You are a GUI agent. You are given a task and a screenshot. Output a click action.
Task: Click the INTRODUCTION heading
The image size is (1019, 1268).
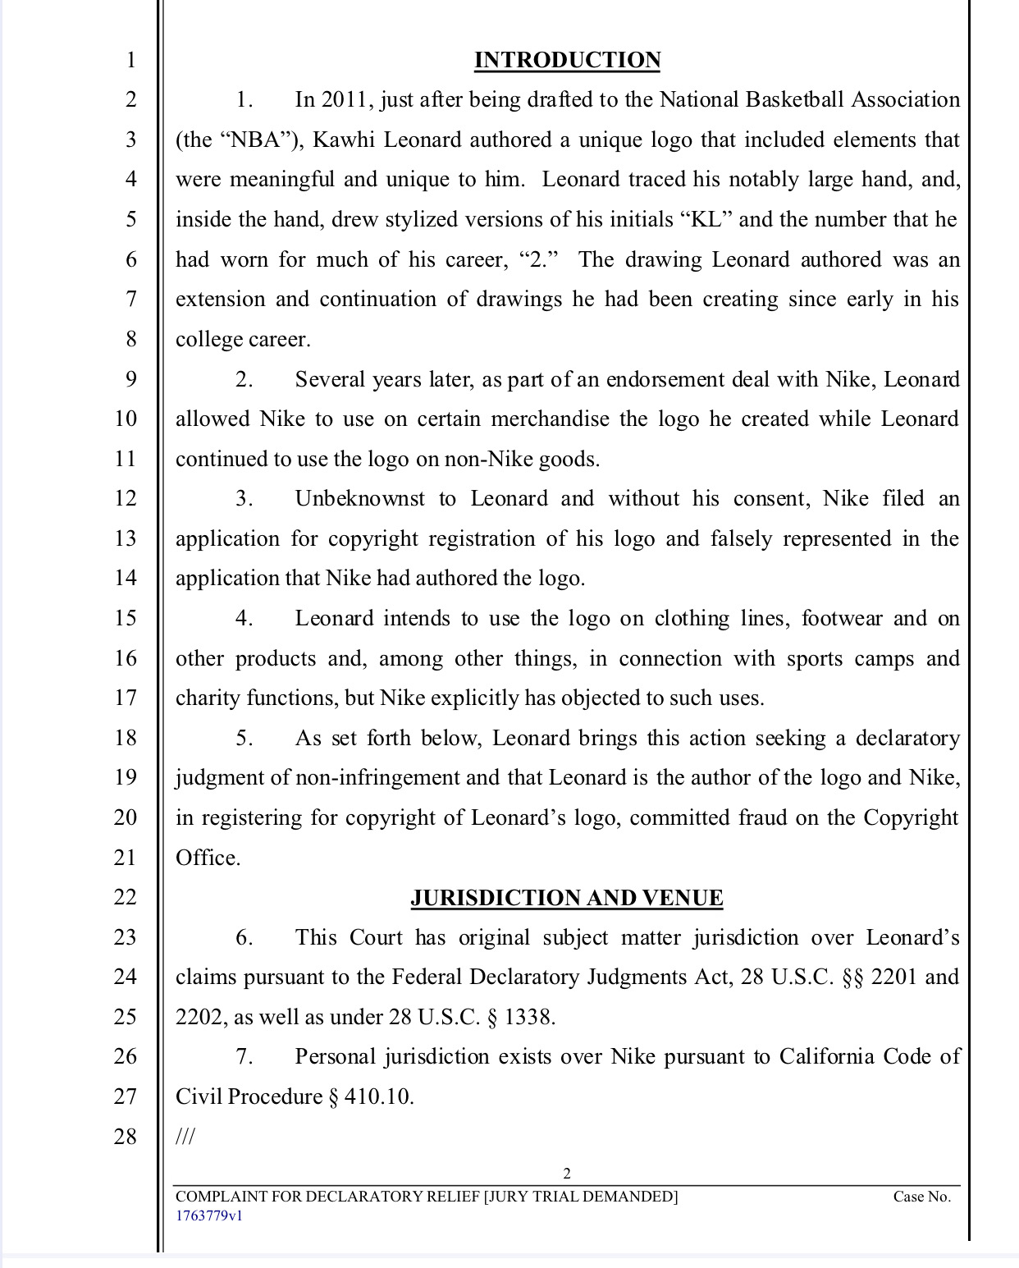(567, 61)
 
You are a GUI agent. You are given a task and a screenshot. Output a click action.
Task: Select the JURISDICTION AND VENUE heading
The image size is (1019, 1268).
(567, 898)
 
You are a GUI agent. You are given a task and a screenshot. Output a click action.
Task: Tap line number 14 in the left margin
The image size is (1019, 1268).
(126, 579)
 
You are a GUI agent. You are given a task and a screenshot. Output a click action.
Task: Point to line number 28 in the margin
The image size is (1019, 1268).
(126, 1137)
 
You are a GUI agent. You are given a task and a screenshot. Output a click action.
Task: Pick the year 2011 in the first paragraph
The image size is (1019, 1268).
(345, 100)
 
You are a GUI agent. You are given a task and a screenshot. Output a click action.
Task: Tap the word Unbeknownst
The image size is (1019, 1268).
(360, 499)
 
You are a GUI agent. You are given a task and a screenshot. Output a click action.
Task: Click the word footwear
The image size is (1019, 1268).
(842, 619)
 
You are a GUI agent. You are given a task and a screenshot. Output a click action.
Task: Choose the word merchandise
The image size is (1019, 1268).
(550, 419)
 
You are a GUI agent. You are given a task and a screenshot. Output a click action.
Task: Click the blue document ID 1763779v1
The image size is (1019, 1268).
(209, 1216)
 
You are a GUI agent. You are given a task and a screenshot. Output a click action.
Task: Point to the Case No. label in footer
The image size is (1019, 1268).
(921, 1197)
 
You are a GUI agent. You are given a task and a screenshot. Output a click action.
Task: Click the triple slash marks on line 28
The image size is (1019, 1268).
(185, 1137)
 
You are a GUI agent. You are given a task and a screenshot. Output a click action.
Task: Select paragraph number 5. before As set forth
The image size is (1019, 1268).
(244, 739)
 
